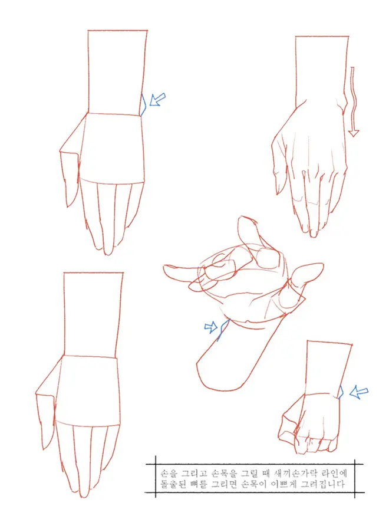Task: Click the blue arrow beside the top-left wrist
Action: point(157,99)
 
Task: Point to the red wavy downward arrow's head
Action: point(354,133)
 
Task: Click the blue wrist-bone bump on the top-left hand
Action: point(144,104)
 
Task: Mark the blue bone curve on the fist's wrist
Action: point(341,392)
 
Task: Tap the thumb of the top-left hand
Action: point(70,179)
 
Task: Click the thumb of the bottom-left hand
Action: point(45,421)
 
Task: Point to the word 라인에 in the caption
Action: point(333,472)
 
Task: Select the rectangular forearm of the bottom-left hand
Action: point(93,314)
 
